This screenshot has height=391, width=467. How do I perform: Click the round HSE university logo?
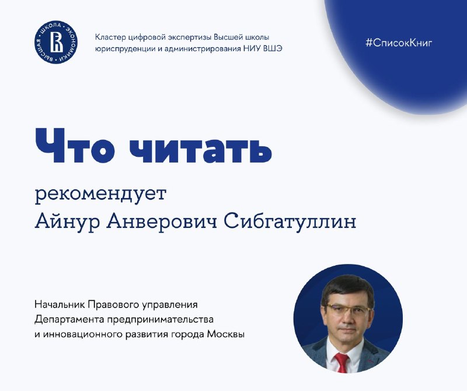click(56, 42)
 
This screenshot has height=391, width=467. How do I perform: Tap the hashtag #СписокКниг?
click(399, 43)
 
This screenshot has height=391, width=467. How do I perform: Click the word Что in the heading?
click(75, 146)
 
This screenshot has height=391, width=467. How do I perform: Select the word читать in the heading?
click(200, 146)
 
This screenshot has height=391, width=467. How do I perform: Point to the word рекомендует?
click(100, 195)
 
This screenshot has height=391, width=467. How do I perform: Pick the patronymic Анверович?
click(162, 221)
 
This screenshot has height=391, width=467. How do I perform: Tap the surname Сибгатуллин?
click(290, 221)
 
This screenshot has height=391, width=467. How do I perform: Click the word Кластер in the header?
click(110, 37)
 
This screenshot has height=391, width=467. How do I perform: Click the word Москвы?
click(225, 334)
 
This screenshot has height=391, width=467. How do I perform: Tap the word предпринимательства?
click(160, 320)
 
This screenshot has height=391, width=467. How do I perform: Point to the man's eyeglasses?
click(348, 310)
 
